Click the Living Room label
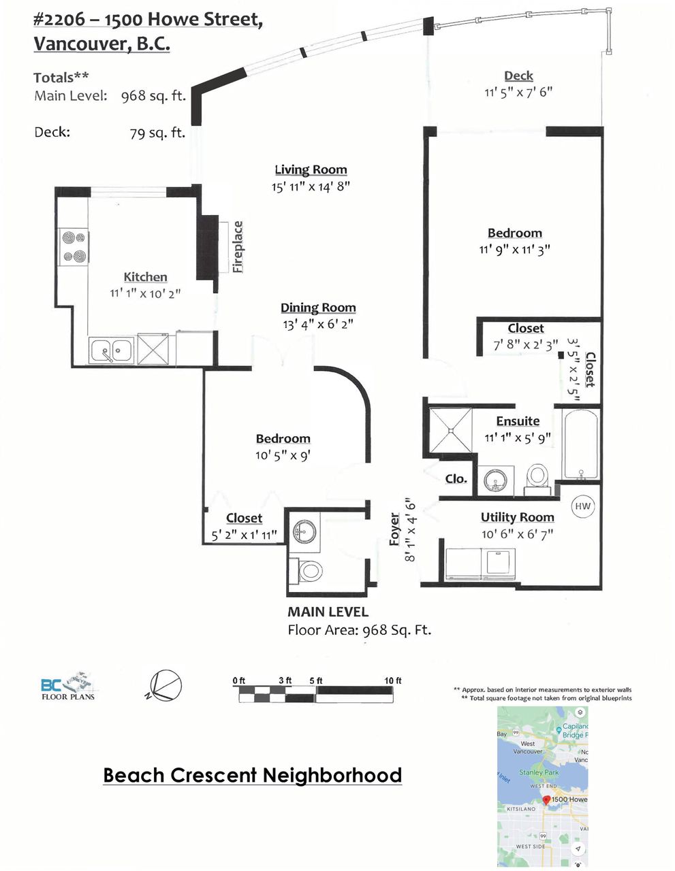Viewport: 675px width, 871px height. click(x=311, y=169)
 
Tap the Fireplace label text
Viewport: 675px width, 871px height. click(x=238, y=247)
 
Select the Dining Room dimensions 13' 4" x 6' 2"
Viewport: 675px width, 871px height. click(x=318, y=325)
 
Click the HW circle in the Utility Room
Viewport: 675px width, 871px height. click(x=583, y=506)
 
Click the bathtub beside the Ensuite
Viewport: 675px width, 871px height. click(x=580, y=443)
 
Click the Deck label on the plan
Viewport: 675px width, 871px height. click(x=518, y=76)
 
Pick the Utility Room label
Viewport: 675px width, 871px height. click(x=517, y=517)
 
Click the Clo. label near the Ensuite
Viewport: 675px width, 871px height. click(x=456, y=478)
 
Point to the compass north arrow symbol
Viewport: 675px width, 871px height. click(x=164, y=685)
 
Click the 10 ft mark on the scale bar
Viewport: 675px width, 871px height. click(x=393, y=680)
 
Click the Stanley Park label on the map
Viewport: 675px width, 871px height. click(x=538, y=772)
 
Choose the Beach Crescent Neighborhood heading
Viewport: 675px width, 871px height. click(x=252, y=775)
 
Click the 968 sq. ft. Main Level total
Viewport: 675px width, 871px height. click(x=153, y=96)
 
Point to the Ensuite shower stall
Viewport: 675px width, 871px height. click(x=450, y=429)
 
